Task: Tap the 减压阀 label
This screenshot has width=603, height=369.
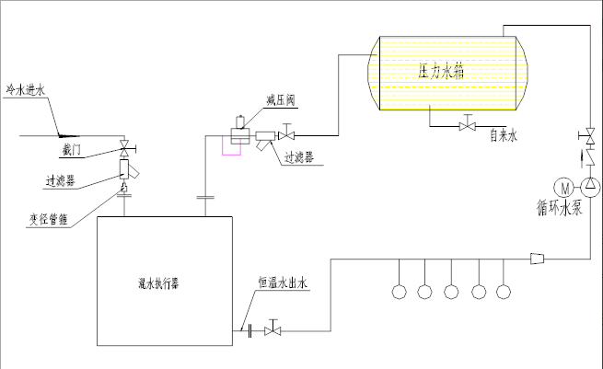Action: pos(279,100)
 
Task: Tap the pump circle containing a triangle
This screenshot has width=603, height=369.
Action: pos(591,187)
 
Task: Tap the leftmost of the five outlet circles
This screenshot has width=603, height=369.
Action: pos(399,293)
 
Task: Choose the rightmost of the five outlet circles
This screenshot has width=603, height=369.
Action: pos(503,293)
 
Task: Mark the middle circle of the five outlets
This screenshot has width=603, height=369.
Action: pos(451,293)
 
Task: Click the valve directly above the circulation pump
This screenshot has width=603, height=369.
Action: pos(590,136)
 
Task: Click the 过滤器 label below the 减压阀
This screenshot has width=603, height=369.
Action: pos(297,158)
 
